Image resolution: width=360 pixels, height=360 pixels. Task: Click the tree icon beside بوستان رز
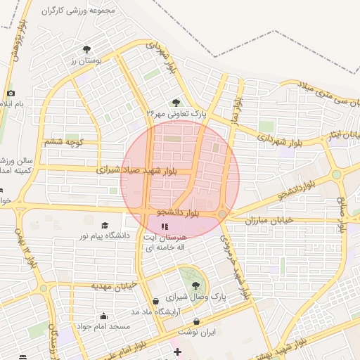86,49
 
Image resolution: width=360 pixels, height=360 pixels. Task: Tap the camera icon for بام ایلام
11,94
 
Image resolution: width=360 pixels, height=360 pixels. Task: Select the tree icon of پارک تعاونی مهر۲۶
176,103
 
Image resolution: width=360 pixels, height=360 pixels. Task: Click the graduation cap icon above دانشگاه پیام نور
105,226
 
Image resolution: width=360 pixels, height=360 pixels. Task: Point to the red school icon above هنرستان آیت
165,227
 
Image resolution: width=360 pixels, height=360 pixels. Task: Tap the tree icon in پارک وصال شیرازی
195,285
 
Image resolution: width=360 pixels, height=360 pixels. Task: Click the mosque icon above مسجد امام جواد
104,316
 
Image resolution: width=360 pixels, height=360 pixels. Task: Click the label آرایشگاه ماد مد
155,311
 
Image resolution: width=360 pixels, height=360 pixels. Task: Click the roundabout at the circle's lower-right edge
222,214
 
